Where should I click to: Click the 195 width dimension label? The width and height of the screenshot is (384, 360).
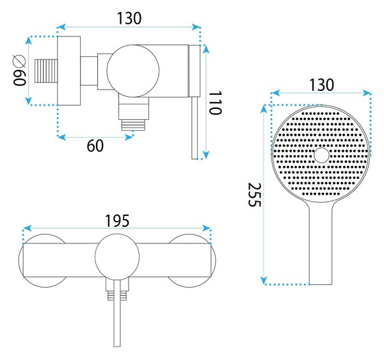tap(117, 221)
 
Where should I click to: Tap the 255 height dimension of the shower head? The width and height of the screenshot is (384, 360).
tap(255, 195)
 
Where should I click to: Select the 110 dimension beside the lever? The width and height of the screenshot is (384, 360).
tap(215, 102)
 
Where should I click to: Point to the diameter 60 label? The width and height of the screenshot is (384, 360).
tap(19, 70)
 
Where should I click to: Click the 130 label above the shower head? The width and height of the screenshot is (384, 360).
tap(322, 85)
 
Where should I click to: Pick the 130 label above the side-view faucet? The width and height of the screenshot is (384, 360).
tap(129, 19)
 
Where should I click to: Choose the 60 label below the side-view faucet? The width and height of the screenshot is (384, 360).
tap(95, 146)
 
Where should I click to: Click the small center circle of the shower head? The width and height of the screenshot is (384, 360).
tap(321, 155)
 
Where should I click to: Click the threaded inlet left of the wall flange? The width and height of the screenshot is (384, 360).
tap(46, 70)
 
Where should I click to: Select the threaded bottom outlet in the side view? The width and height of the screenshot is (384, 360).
tap(134, 125)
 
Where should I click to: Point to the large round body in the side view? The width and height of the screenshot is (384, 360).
tap(133, 71)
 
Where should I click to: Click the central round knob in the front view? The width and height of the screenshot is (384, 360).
tap(117, 256)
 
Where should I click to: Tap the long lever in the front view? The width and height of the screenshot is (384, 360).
tap(117, 313)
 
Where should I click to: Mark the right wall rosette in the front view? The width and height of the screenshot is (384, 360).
tap(192, 260)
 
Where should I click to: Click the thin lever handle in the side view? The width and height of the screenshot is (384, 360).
tap(195, 127)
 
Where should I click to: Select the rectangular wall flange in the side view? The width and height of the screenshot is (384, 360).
tap(69, 71)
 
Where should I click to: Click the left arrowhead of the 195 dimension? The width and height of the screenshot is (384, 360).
tap(28, 229)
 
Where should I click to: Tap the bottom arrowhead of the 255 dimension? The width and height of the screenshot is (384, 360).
tap(264, 281)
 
